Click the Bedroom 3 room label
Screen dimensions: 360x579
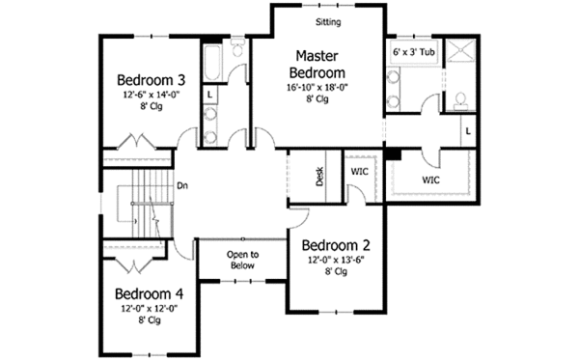152,79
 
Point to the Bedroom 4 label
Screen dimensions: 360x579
150,293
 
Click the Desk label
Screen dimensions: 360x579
319,175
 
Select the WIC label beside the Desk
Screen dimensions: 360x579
359,172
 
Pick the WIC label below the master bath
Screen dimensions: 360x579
431,180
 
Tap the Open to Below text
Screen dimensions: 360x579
242,260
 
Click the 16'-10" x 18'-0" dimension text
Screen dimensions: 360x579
319,87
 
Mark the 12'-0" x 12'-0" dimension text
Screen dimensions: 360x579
150,309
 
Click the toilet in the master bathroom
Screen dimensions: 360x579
460,99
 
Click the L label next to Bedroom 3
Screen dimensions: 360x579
209,94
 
